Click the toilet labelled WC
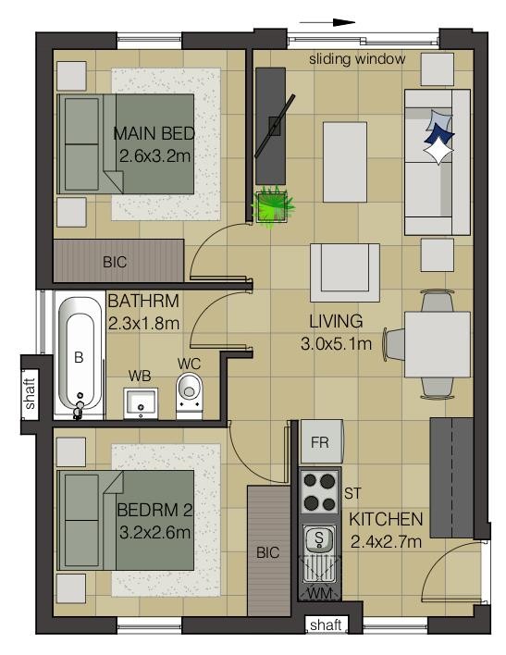[x=190, y=395]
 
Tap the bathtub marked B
[x=80, y=356]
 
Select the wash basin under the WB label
[x=141, y=403]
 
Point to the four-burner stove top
[x=320, y=492]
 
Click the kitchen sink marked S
[x=319, y=538]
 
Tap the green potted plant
[x=273, y=206]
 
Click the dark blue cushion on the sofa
[x=438, y=134]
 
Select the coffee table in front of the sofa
[x=345, y=162]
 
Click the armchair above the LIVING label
[x=345, y=272]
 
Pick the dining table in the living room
[x=438, y=344]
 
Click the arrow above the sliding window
[x=327, y=22]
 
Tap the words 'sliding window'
[x=357, y=59]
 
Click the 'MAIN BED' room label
[x=154, y=133]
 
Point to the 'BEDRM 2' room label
[x=154, y=510]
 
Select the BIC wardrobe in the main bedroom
[x=118, y=261]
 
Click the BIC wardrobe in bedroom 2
[x=268, y=550]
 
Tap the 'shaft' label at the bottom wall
[x=326, y=624]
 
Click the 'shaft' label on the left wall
[x=31, y=393]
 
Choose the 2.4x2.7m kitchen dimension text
[x=386, y=542]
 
